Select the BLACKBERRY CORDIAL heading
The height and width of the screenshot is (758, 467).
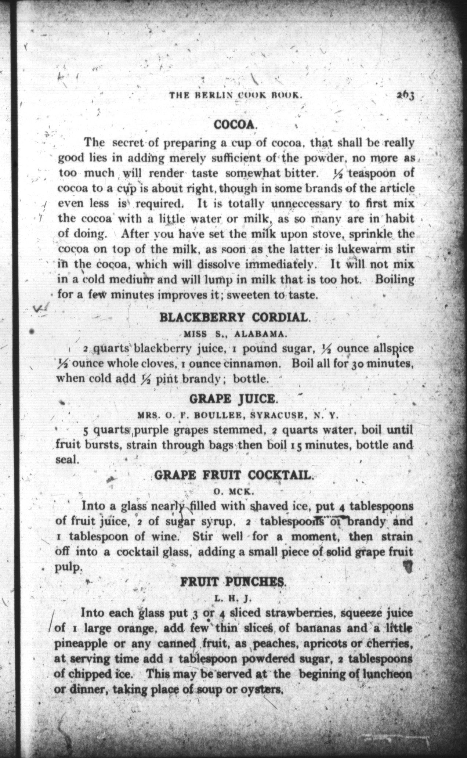coord(235,317)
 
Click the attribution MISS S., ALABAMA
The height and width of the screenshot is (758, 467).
coord(235,334)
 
